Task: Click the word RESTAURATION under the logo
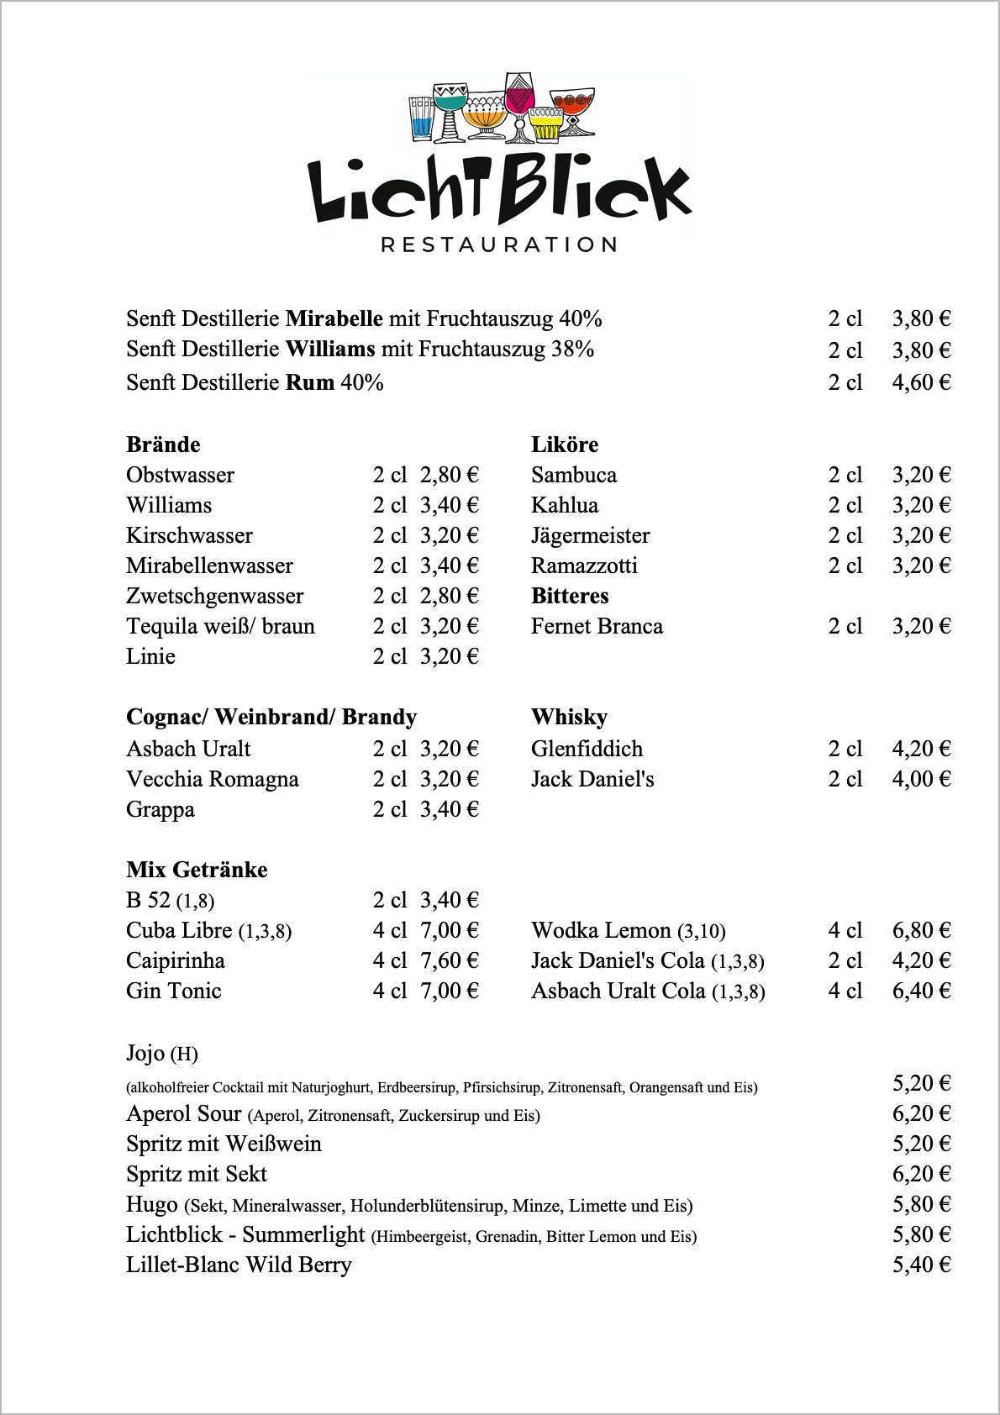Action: point(499,245)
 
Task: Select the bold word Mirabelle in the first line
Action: point(334,318)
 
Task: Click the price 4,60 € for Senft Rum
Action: point(921,382)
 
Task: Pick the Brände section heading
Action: point(163,444)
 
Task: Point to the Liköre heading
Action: point(565,444)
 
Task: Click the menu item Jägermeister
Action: point(590,535)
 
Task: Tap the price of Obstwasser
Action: point(449,475)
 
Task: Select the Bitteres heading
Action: point(570,596)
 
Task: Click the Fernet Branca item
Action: point(597,626)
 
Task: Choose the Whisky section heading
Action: point(569,717)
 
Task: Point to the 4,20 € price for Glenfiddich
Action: point(921,749)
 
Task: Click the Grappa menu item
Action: point(161,809)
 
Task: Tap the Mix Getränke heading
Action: point(197,870)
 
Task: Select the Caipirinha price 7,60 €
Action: point(449,960)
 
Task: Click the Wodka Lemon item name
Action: point(601,930)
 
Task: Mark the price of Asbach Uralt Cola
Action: point(921,991)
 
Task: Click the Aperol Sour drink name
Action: point(183,1113)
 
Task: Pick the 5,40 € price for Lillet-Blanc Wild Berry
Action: point(921,1265)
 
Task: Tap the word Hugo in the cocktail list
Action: point(151,1204)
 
